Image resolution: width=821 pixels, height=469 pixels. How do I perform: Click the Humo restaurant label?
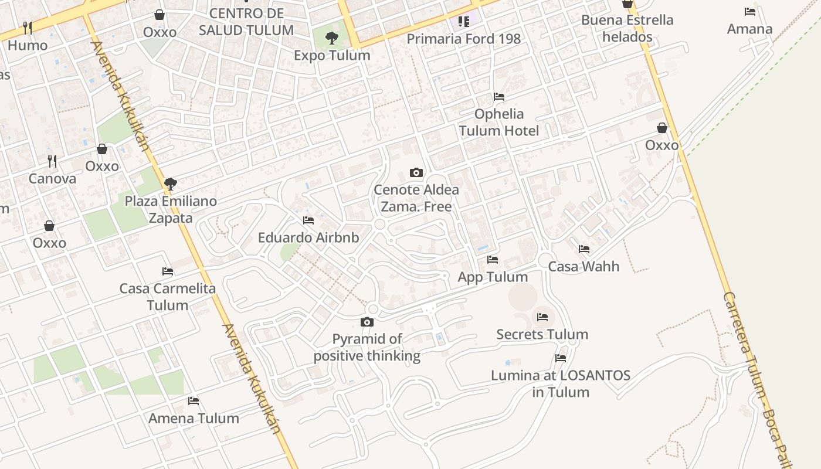click(28, 45)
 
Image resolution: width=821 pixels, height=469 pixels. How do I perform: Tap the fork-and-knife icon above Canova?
click(52, 161)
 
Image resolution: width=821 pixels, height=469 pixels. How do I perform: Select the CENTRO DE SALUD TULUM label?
click(246, 22)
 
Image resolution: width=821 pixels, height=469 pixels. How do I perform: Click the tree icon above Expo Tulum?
click(332, 39)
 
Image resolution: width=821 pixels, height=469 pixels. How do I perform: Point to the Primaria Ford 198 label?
click(463, 39)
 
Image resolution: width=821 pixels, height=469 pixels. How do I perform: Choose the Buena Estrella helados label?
click(627, 28)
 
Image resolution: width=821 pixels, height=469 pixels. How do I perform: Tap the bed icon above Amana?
click(749, 12)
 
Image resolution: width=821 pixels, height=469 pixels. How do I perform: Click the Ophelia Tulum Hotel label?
click(499, 122)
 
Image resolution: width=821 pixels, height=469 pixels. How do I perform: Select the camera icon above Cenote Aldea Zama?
click(416, 172)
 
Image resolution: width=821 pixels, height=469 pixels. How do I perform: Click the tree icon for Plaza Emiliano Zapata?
click(171, 184)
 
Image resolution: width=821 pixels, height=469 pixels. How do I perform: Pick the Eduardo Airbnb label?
click(308, 238)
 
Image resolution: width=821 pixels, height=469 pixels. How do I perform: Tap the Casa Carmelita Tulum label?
click(168, 297)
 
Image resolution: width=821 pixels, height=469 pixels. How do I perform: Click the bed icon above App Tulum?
click(493, 259)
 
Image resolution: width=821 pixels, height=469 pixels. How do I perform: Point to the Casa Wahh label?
click(583, 267)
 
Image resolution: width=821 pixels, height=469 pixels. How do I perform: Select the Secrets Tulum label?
click(542, 335)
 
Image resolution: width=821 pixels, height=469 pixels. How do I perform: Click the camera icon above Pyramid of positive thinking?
click(367, 322)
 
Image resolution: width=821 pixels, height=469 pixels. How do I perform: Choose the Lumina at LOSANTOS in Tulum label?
click(561, 383)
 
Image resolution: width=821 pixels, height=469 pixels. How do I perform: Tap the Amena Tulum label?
click(194, 419)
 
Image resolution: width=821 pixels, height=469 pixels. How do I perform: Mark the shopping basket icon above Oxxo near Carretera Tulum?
click(662, 128)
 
